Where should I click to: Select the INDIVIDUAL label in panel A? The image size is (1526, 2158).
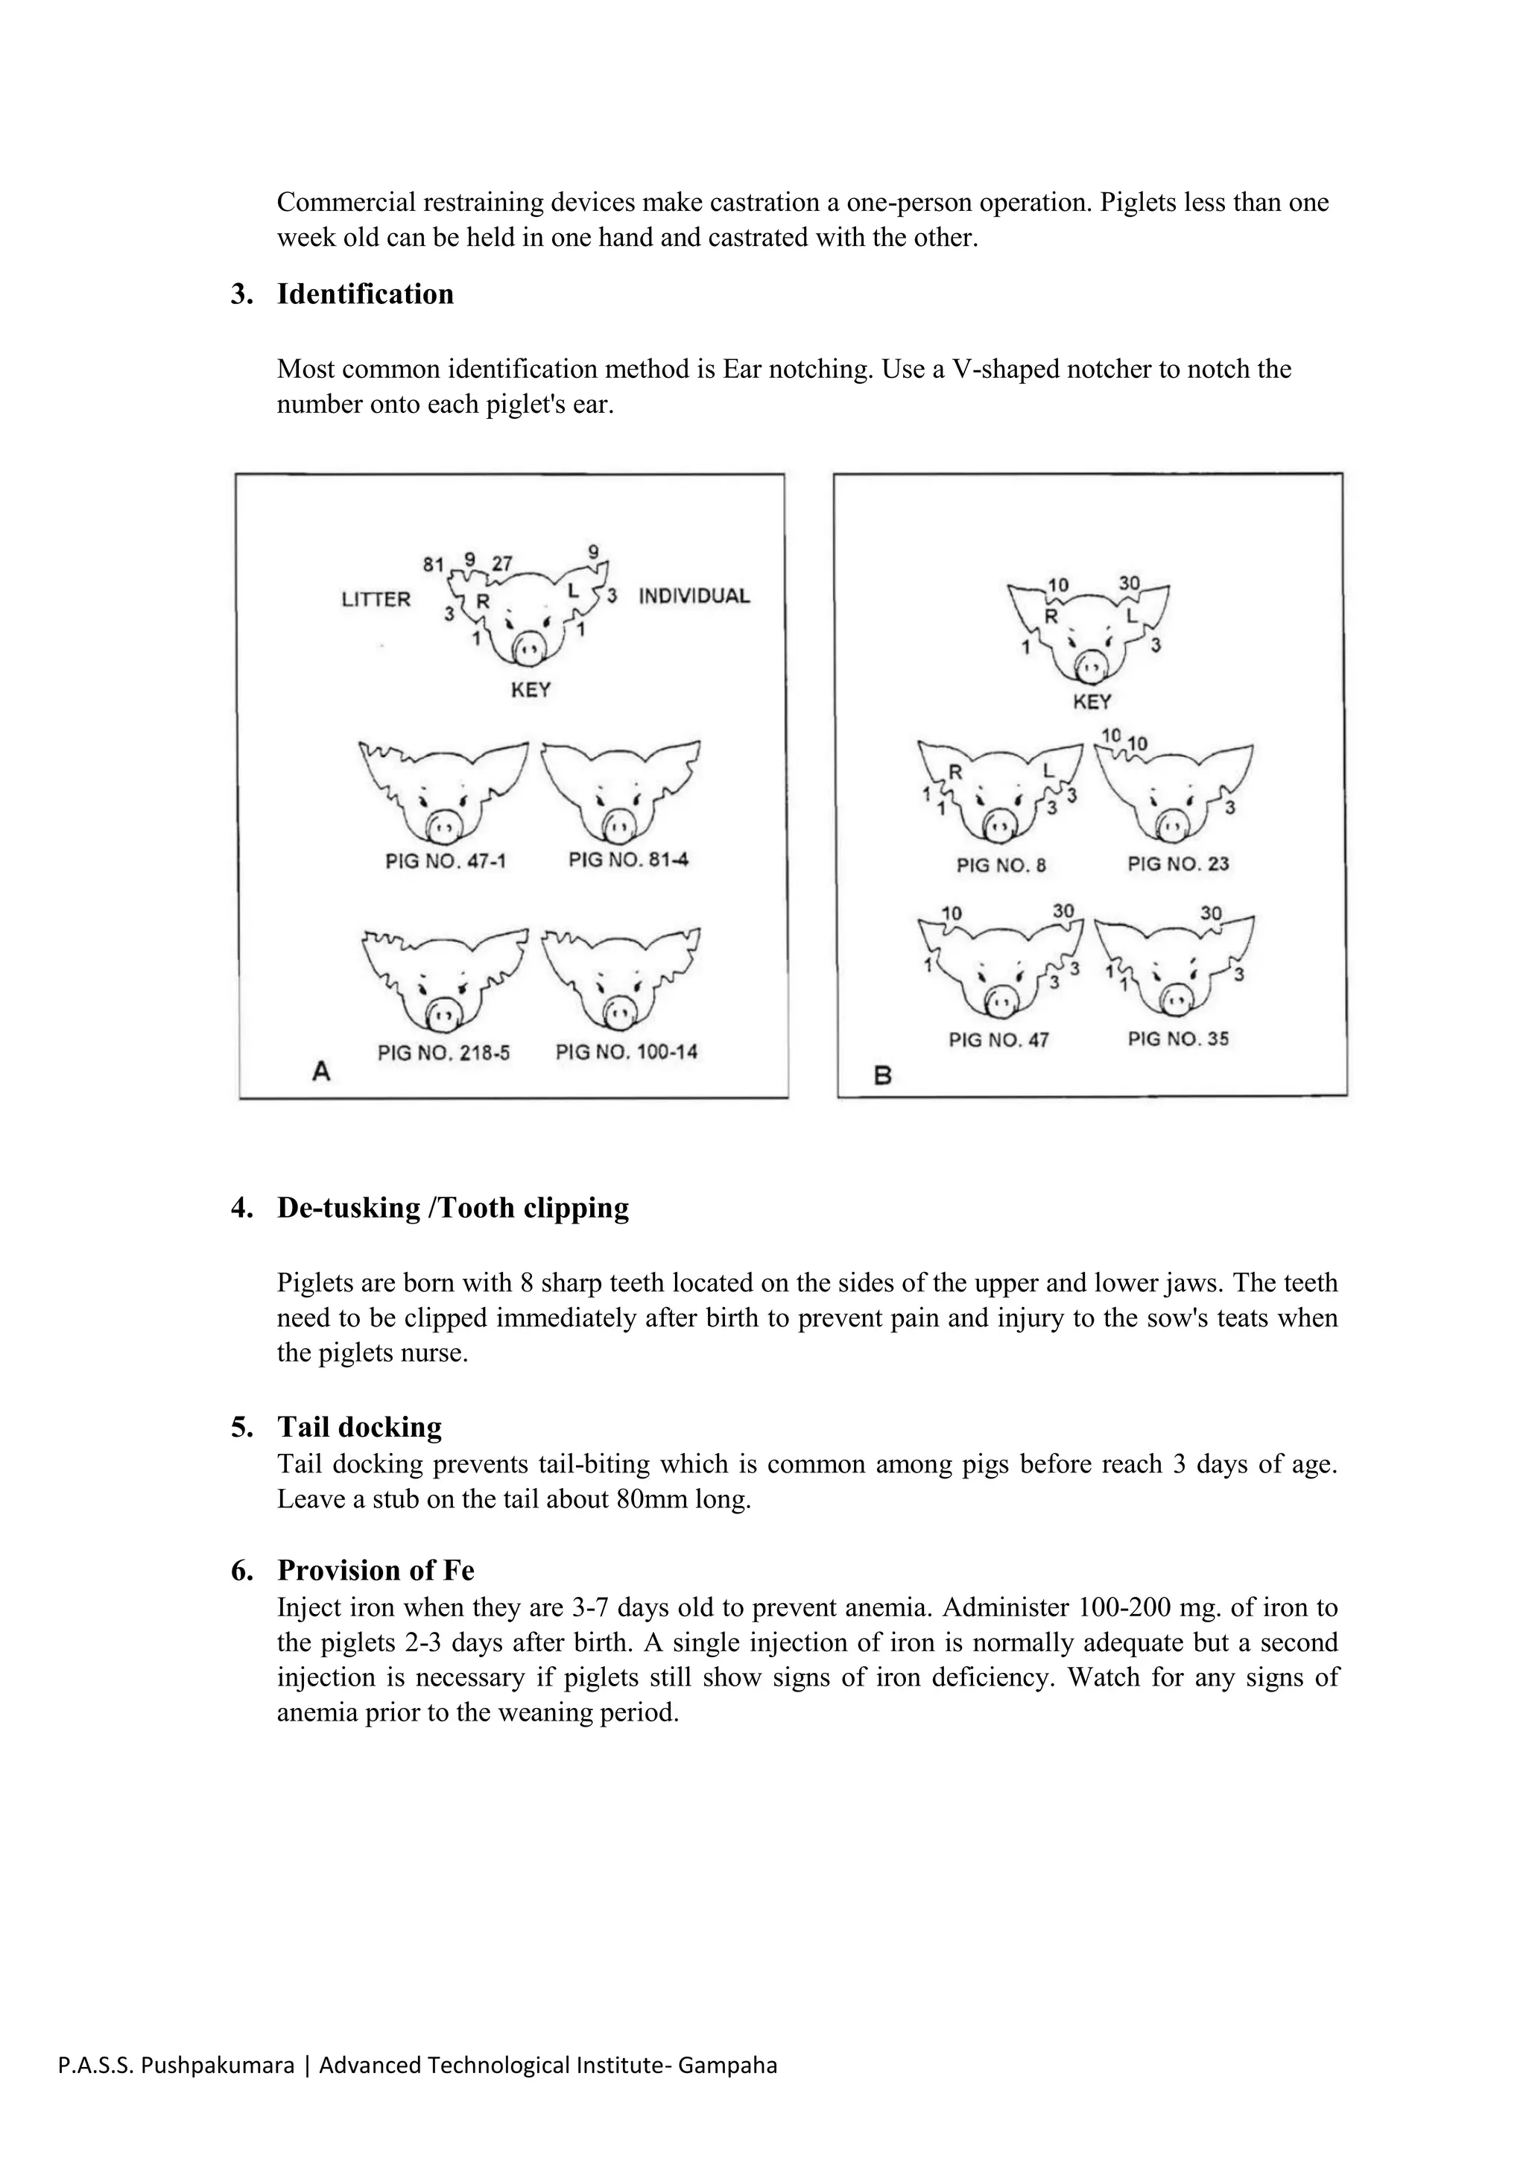(x=694, y=596)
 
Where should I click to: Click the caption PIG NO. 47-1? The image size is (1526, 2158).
(x=446, y=861)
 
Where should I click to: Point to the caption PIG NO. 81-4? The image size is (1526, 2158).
(x=629, y=860)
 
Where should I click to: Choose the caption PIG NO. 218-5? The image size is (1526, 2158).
(x=443, y=1053)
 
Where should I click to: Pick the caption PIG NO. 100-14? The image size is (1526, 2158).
(x=627, y=1051)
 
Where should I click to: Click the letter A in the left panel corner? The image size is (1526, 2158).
(x=321, y=1071)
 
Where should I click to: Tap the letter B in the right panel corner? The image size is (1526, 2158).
(x=882, y=1075)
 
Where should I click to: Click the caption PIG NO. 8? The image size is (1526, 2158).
(x=1001, y=864)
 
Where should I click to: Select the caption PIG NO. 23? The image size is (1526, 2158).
(x=1178, y=864)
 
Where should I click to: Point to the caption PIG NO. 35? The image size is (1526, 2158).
(x=1178, y=1039)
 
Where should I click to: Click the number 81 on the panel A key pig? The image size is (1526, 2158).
(x=433, y=565)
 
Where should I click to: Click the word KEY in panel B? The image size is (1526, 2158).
(x=1092, y=701)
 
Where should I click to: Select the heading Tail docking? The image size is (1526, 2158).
(x=359, y=1427)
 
